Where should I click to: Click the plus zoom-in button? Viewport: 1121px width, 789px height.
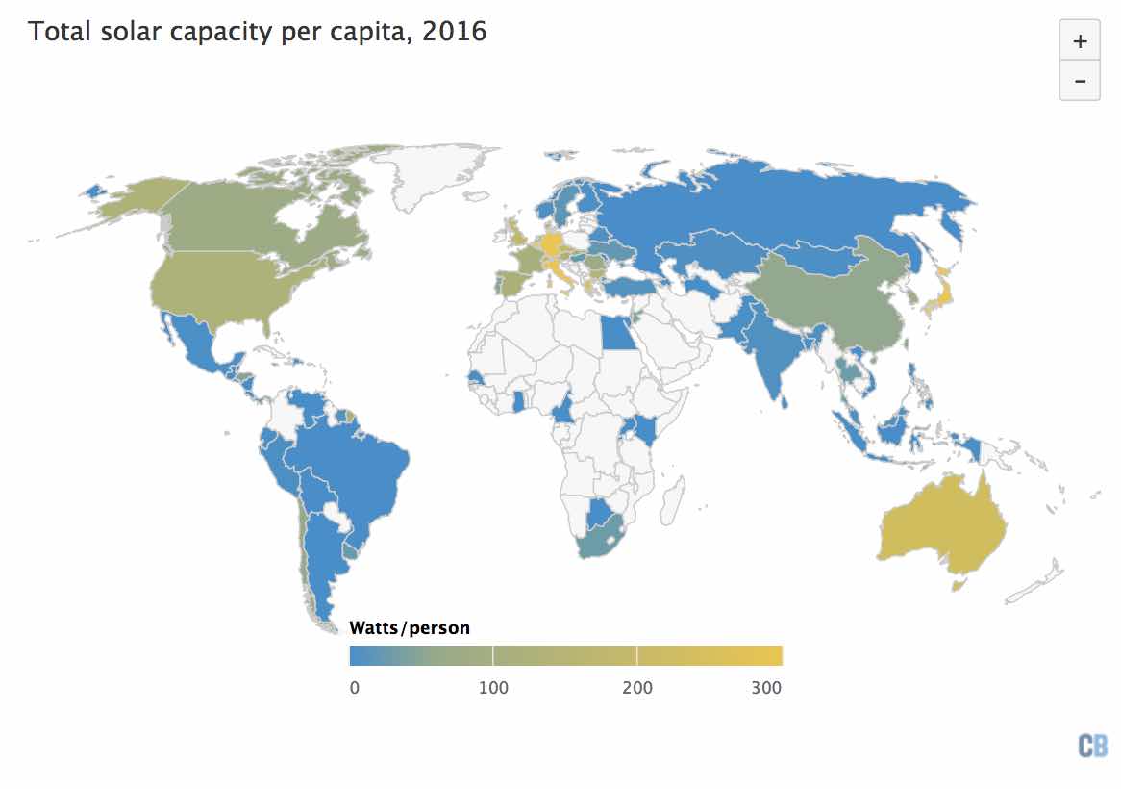click(1080, 41)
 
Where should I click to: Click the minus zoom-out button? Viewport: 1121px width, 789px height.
click(1080, 81)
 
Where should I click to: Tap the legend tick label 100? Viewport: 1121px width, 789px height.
click(493, 687)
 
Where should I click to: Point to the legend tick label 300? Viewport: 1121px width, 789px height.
click(765, 687)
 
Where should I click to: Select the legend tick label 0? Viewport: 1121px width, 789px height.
click(355, 687)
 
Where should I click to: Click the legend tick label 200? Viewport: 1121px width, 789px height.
click(637, 687)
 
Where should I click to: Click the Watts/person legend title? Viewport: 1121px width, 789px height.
click(410, 628)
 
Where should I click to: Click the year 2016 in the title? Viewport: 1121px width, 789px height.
click(455, 32)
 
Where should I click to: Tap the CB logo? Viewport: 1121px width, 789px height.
click(1092, 746)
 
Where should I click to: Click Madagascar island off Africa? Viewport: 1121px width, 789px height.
click(674, 500)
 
